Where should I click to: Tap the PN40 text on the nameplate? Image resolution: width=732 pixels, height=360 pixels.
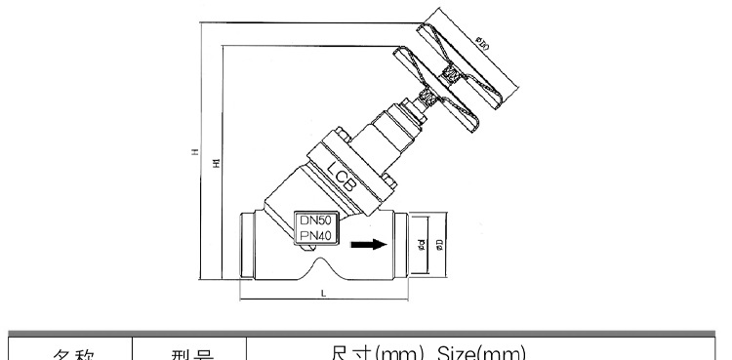tap(315, 235)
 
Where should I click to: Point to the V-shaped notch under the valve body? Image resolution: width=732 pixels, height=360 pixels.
tap(322, 266)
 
